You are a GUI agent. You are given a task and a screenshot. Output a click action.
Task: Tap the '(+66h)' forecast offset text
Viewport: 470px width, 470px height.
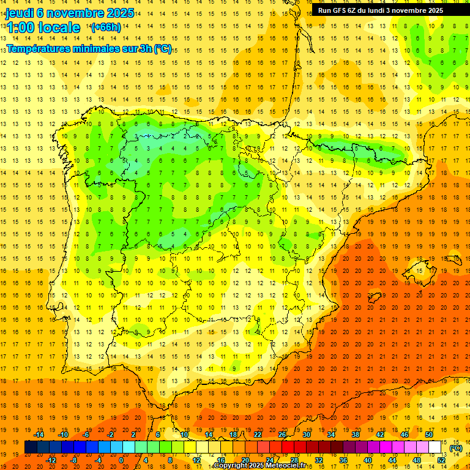[105, 28]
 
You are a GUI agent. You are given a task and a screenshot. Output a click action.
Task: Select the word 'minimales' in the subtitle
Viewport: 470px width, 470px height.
[94, 49]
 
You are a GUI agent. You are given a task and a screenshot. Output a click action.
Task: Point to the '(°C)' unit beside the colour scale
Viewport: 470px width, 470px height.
[456, 448]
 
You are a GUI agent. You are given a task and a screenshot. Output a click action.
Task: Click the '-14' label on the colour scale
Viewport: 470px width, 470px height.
[41, 435]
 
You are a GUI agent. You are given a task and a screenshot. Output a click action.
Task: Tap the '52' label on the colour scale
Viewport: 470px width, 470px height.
[441, 460]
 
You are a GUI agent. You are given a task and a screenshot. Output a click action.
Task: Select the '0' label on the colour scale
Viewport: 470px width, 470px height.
[121, 460]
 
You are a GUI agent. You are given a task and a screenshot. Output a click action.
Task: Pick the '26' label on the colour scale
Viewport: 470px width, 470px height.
[282, 435]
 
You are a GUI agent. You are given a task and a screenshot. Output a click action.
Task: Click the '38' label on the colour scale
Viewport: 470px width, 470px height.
[356, 435]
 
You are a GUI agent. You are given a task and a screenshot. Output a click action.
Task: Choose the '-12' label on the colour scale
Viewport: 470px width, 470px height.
[52, 460]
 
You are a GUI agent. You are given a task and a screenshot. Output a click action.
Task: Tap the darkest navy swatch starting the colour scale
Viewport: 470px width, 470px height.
[31, 447]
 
